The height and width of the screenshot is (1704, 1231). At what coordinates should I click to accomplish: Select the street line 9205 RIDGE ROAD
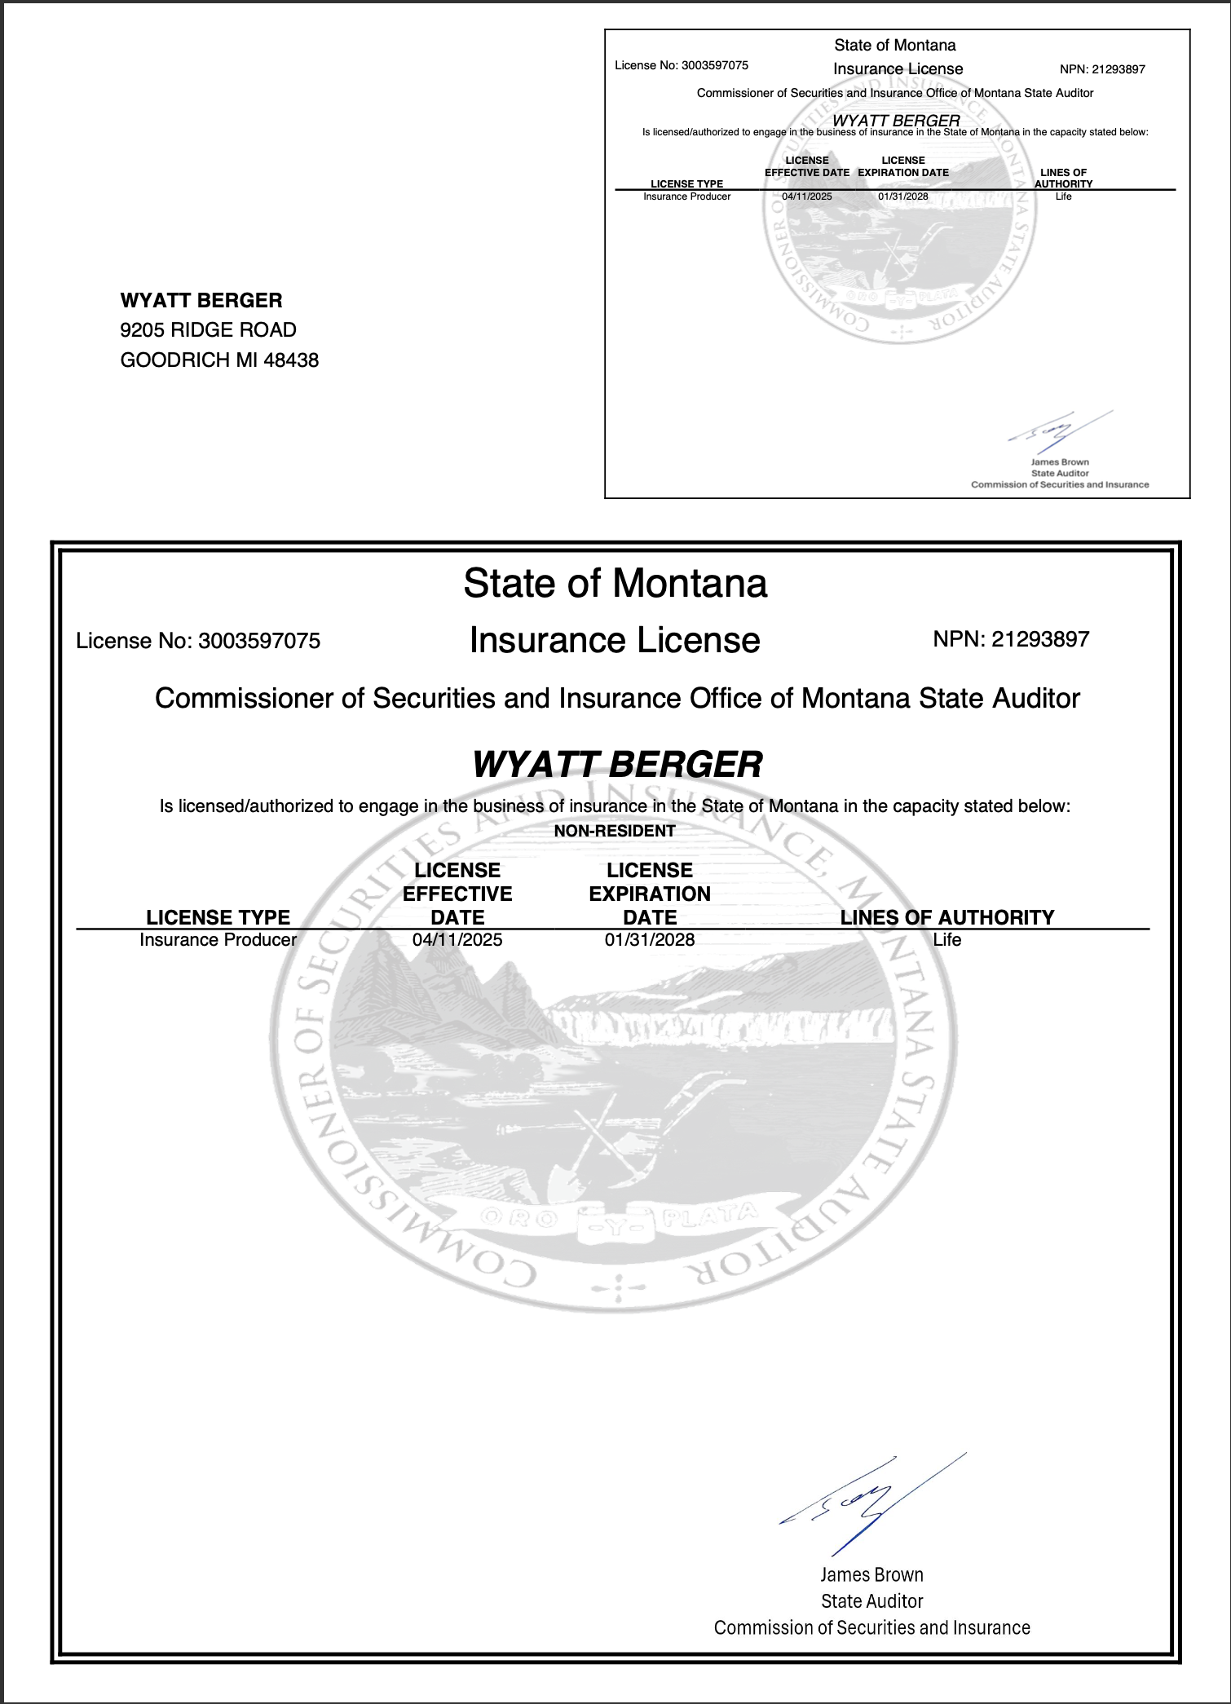click(208, 330)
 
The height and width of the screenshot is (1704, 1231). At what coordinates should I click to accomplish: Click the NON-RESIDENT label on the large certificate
click(615, 831)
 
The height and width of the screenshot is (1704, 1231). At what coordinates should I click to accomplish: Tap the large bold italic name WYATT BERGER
click(617, 765)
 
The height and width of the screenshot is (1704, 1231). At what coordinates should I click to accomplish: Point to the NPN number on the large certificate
click(1011, 639)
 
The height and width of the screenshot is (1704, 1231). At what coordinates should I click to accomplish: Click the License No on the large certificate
click(198, 641)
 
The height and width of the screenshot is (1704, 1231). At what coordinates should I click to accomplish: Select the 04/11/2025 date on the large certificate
click(457, 940)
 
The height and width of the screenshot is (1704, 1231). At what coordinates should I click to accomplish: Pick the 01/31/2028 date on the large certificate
click(650, 940)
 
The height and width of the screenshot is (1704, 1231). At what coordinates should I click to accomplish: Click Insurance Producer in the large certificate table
click(218, 940)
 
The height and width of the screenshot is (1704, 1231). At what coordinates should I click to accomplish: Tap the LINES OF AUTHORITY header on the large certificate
click(947, 917)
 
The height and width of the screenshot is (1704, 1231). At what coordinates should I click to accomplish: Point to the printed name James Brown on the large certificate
click(871, 1575)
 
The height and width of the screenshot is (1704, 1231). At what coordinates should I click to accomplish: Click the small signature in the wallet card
click(1052, 432)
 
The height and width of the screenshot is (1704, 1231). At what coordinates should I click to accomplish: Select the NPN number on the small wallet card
click(1102, 69)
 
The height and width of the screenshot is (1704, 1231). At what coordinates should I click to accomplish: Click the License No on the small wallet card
click(682, 65)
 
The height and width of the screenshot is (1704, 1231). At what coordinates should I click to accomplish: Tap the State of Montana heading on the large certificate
click(615, 584)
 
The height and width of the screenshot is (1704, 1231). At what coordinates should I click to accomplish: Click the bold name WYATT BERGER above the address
click(201, 301)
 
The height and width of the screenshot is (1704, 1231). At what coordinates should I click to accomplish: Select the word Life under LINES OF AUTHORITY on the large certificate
click(947, 940)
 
